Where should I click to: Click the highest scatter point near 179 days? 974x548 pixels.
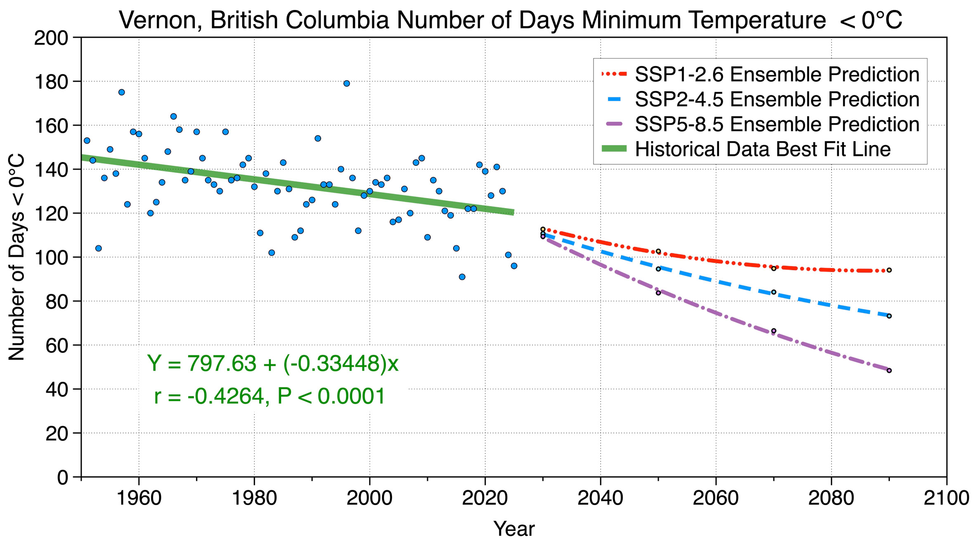tap(347, 83)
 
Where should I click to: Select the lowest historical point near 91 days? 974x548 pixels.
tap(462, 277)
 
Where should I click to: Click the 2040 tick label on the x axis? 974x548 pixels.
tap(600, 498)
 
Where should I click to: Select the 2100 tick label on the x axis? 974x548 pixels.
tap(946, 498)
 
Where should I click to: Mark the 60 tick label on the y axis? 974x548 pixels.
tap(57, 345)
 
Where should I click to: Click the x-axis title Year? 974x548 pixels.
tap(514, 529)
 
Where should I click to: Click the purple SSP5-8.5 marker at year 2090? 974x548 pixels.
tap(889, 371)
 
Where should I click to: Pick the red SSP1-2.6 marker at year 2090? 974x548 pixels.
tap(889, 270)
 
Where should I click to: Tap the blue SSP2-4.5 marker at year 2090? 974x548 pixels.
tap(889, 316)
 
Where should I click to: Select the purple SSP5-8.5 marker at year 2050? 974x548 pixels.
tap(658, 293)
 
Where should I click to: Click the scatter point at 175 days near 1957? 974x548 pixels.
tap(122, 92)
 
